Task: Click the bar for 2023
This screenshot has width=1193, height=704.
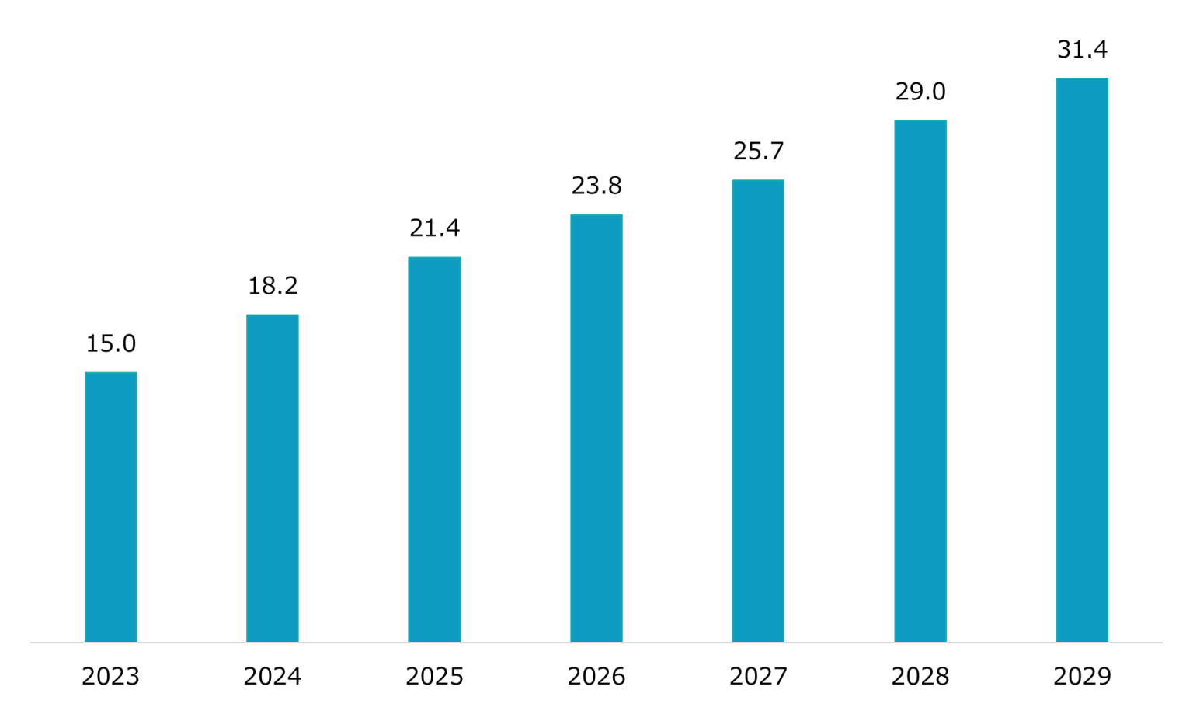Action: (x=110, y=507)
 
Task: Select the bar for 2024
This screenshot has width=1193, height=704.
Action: (x=273, y=478)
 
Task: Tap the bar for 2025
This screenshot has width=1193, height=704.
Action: (x=434, y=449)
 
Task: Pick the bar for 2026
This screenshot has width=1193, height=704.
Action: (x=596, y=428)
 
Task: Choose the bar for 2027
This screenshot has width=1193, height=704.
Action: (x=758, y=411)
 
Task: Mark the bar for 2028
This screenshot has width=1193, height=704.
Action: (x=920, y=381)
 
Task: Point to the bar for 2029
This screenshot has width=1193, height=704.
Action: (x=1082, y=360)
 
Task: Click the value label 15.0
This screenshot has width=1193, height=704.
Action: (x=110, y=343)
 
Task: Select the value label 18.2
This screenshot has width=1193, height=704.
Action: (x=273, y=286)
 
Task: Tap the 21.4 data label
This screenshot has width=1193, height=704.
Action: (x=434, y=228)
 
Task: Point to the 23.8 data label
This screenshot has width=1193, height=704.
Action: (x=596, y=186)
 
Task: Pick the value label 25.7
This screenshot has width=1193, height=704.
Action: (x=758, y=151)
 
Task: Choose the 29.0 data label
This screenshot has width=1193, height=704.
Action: (x=920, y=92)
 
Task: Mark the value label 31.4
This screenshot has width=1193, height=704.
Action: (x=1082, y=50)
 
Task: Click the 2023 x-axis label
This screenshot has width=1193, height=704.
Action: (x=110, y=677)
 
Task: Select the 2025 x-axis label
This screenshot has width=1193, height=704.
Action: (x=434, y=677)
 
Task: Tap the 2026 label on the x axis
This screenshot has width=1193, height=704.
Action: (x=596, y=677)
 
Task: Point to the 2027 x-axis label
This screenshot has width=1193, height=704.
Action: (x=758, y=677)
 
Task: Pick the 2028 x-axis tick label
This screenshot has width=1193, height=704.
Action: (x=920, y=677)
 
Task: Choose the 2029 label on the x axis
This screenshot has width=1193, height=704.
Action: (x=1082, y=677)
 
